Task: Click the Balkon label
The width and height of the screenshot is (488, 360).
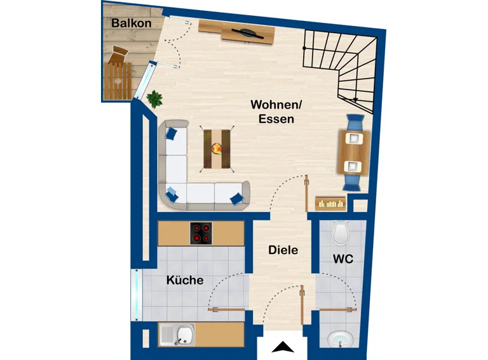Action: [x=132, y=23]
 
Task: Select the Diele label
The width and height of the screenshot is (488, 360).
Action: [x=283, y=250]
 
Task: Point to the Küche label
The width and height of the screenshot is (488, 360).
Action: [x=185, y=280]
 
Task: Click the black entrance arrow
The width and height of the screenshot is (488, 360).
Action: [x=283, y=347]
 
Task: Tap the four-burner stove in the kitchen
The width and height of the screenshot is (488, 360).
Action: [x=202, y=232]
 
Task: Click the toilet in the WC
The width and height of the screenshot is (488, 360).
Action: [x=341, y=233]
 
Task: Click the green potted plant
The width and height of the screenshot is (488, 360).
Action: [x=154, y=98]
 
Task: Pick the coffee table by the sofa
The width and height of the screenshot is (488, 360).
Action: [x=217, y=149]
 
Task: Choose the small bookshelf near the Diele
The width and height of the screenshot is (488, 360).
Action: [x=331, y=203]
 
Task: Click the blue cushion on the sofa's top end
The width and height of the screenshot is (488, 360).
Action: [x=172, y=133]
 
